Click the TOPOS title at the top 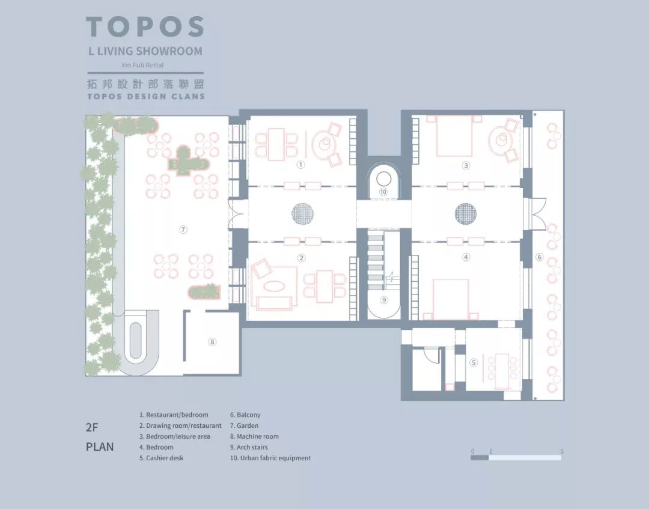click(145, 26)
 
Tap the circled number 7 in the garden click(183, 230)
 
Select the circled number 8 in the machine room click(212, 342)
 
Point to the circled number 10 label click(383, 192)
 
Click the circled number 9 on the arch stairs click(384, 300)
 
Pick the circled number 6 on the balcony click(539, 257)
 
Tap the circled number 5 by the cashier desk click(474, 363)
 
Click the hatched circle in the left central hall click(302, 214)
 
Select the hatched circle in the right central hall click(466, 214)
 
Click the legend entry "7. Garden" click(244, 425)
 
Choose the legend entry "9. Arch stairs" click(249, 447)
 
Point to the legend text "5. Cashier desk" click(162, 458)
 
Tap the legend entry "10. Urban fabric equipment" click(270, 458)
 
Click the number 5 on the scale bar click(562, 451)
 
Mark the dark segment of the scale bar click(480, 458)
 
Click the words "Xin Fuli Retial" click(142, 65)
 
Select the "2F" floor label click(92, 427)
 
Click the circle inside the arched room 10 click(383, 179)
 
